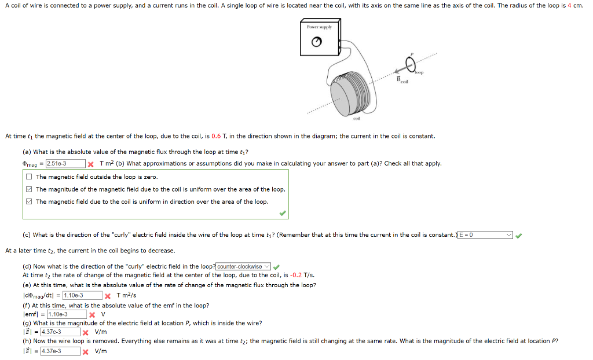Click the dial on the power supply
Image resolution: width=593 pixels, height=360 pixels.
coord(316,42)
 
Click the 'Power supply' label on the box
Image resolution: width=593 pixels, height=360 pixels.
coord(319,27)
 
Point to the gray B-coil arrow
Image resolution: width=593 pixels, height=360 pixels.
coord(393,68)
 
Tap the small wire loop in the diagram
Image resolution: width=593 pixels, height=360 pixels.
coord(410,63)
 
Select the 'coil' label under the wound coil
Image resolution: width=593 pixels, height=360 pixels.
coord(356,118)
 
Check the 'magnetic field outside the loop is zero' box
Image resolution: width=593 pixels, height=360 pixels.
coord(29,177)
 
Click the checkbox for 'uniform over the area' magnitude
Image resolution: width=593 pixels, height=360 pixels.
coord(29,189)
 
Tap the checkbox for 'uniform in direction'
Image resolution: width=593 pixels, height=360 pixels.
coord(29,201)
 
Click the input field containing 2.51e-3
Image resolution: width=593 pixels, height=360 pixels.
coord(65,164)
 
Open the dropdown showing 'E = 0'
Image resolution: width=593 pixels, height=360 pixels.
coord(485,235)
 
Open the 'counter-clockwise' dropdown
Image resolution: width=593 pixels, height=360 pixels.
coord(243,266)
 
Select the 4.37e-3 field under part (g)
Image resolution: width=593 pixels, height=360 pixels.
coord(60,332)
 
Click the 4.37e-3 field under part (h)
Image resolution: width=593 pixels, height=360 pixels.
coord(60,351)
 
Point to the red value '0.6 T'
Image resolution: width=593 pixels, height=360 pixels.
coord(217,137)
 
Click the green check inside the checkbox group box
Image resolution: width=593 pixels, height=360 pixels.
coord(282,213)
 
